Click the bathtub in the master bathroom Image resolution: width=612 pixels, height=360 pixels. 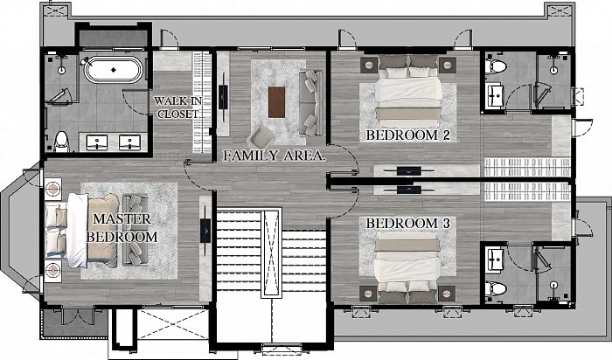point(114,70)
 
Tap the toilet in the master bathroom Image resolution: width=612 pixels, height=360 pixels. point(61,142)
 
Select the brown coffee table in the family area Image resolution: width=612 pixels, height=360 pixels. point(277,102)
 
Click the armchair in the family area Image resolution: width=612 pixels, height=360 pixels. point(261,136)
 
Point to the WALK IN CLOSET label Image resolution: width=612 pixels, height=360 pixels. point(178,107)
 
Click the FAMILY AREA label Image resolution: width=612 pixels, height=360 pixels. point(274,156)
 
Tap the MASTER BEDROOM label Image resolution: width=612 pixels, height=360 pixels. point(122,228)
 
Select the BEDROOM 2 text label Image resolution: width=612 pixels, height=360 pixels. point(408,135)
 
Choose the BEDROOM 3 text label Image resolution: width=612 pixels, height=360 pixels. point(408,224)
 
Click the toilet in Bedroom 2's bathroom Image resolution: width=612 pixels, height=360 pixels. point(496,66)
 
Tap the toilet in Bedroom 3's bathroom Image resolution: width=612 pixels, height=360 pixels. point(496,289)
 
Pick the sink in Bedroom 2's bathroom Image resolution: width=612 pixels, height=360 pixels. point(496,95)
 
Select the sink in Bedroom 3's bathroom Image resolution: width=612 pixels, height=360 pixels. point(496,260)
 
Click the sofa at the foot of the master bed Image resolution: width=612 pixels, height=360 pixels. point(136,230)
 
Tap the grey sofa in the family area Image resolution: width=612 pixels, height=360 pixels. point(311,103)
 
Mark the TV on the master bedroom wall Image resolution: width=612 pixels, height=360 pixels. point(205,231)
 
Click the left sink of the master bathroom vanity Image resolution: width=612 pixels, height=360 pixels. point(96,142)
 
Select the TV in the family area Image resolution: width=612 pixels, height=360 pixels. point(223,98)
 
